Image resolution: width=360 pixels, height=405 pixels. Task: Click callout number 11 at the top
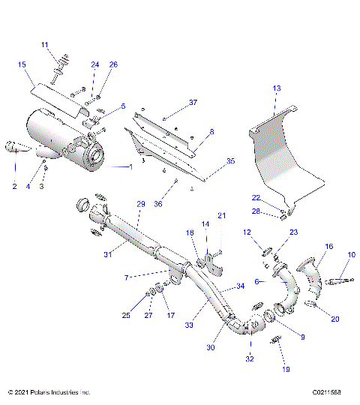coord(43,45)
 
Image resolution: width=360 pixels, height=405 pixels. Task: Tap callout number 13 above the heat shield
coord(277,88)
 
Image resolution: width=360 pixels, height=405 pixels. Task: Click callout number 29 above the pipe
coord(140,204)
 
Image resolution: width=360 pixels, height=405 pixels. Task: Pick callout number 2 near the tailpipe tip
coord(13,185)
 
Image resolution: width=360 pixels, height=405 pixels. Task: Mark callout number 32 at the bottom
coord(249,358)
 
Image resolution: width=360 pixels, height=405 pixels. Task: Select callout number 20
coord(335,319)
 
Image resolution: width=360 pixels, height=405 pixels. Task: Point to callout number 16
coord(328,246)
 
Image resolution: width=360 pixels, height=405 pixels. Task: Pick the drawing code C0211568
coord(331,392)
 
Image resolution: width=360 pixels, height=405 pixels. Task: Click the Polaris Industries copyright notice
coord(49,392)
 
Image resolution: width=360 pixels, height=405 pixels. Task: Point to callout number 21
coord(221,216)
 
